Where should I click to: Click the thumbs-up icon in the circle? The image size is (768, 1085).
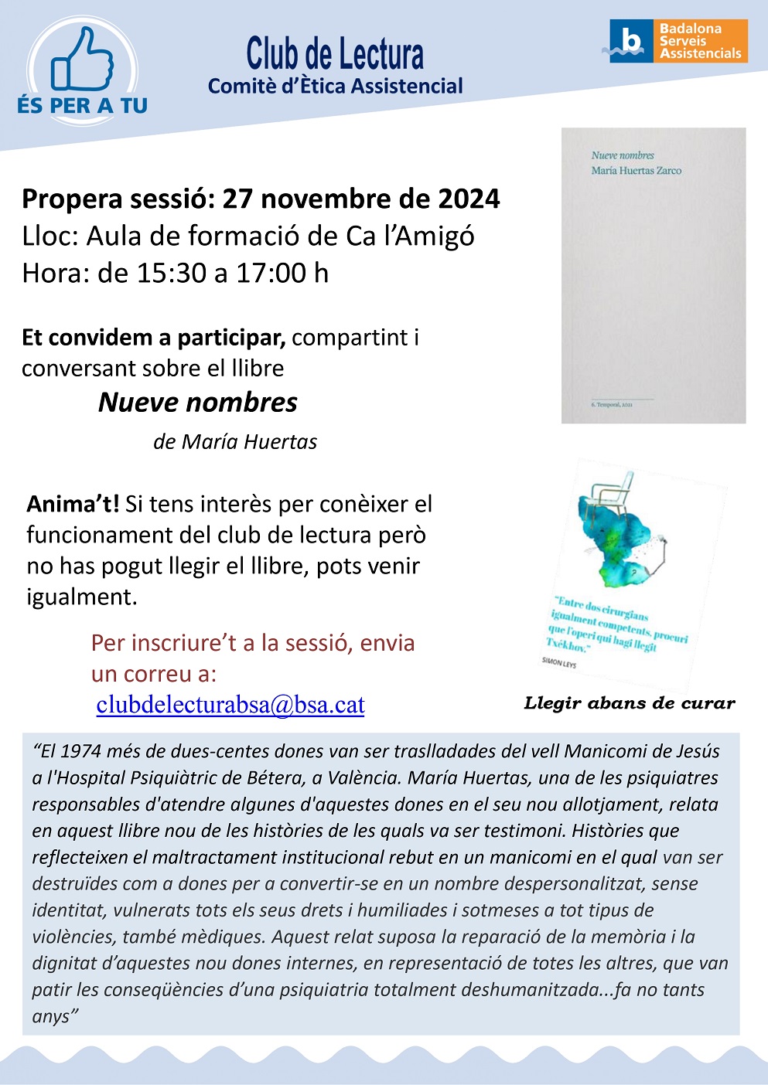point(82,60)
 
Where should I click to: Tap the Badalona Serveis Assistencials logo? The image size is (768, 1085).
point(678,41)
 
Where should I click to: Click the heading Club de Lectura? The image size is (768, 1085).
point(335,54)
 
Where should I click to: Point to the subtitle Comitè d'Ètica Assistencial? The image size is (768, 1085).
point(335,87)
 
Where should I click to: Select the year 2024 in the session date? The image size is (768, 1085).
point(469,199)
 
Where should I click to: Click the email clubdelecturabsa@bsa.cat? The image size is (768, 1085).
point(230,705)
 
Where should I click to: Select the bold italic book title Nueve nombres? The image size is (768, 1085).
point(198,403)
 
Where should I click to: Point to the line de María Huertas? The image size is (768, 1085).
point(235,442)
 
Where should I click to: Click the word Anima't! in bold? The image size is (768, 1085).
point(73,504)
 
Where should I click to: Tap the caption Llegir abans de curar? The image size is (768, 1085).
point(630,703)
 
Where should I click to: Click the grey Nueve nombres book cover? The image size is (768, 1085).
point(654,275)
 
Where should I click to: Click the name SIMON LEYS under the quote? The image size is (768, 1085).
point(559,662)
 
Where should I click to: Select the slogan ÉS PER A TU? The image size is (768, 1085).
point(83,106)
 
